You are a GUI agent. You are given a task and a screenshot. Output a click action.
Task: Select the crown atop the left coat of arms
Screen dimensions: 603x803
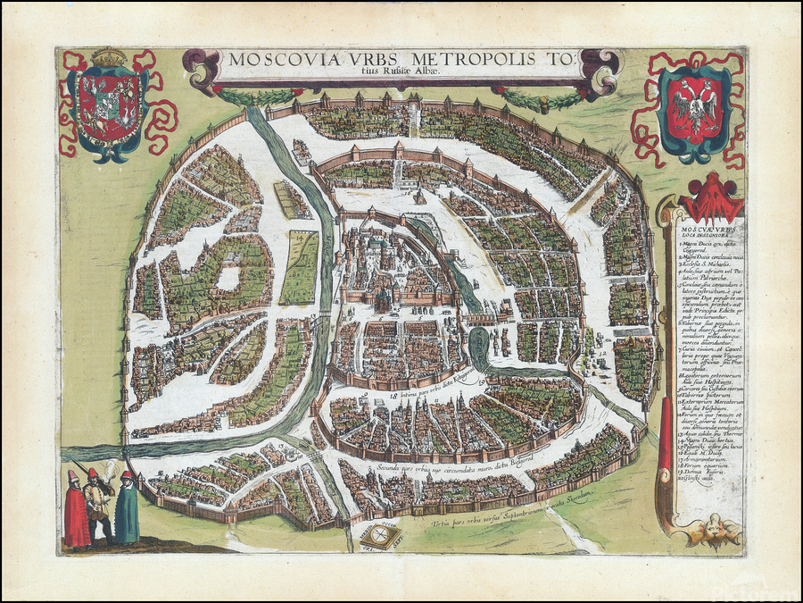point(110,58)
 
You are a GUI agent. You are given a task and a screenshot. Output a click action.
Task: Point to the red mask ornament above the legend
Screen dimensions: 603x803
point(711,199)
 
